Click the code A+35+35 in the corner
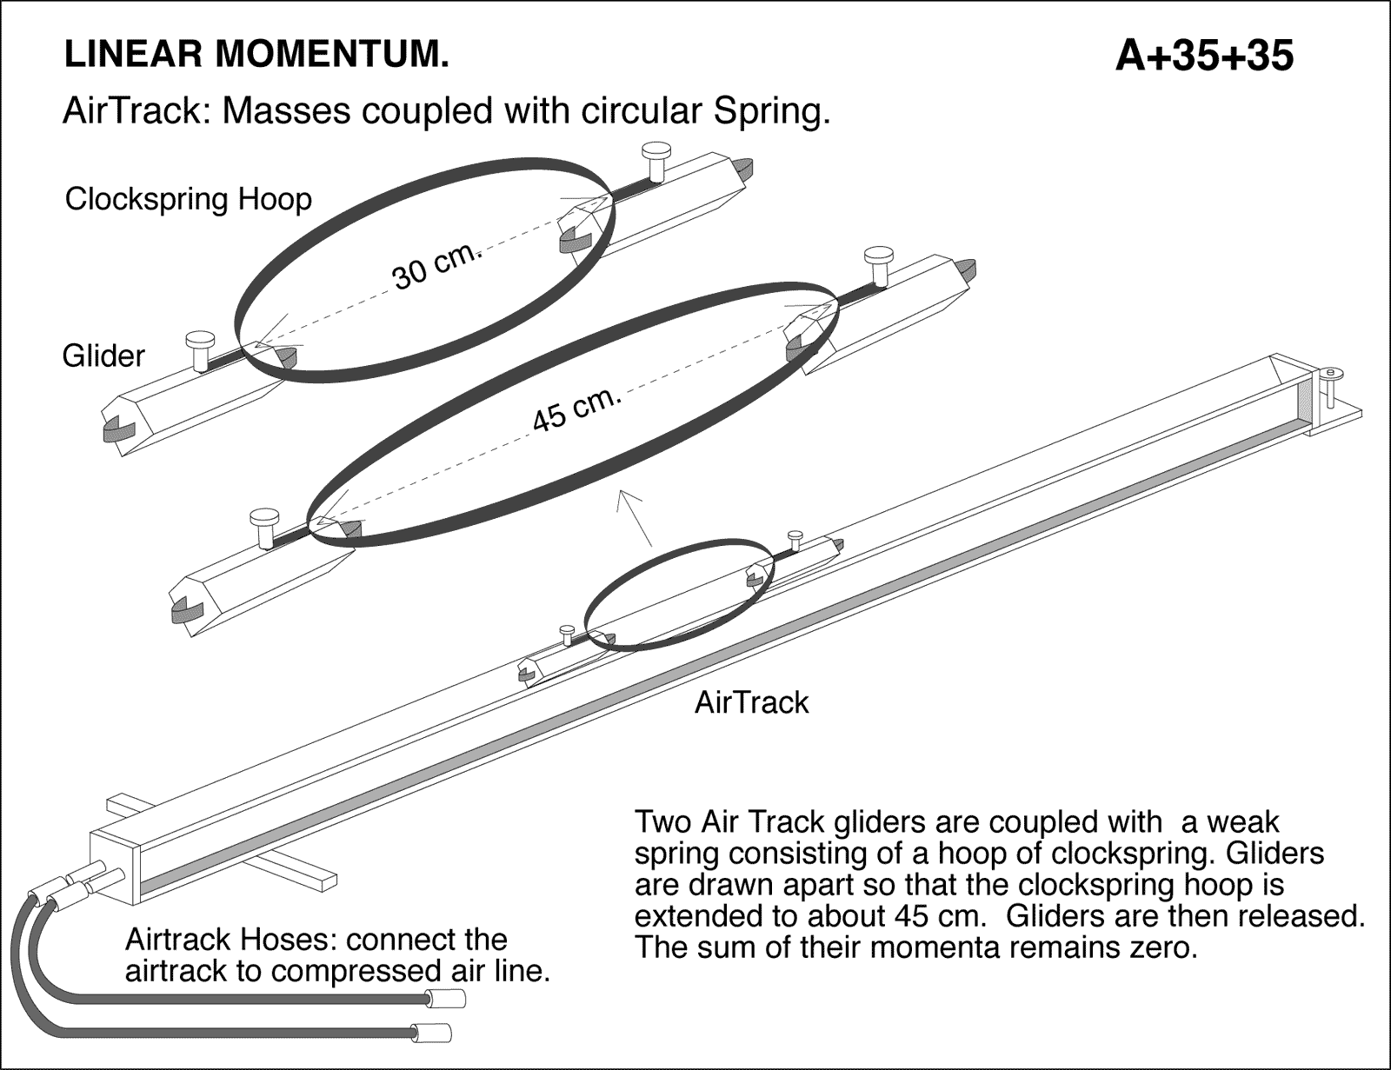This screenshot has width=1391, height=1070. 1203,56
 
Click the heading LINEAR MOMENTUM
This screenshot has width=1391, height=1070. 256,55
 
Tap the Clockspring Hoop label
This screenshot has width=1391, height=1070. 188,199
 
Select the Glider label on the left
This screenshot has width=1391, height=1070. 103,356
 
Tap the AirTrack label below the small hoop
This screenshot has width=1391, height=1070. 751,702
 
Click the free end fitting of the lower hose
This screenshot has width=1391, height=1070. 431,1034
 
